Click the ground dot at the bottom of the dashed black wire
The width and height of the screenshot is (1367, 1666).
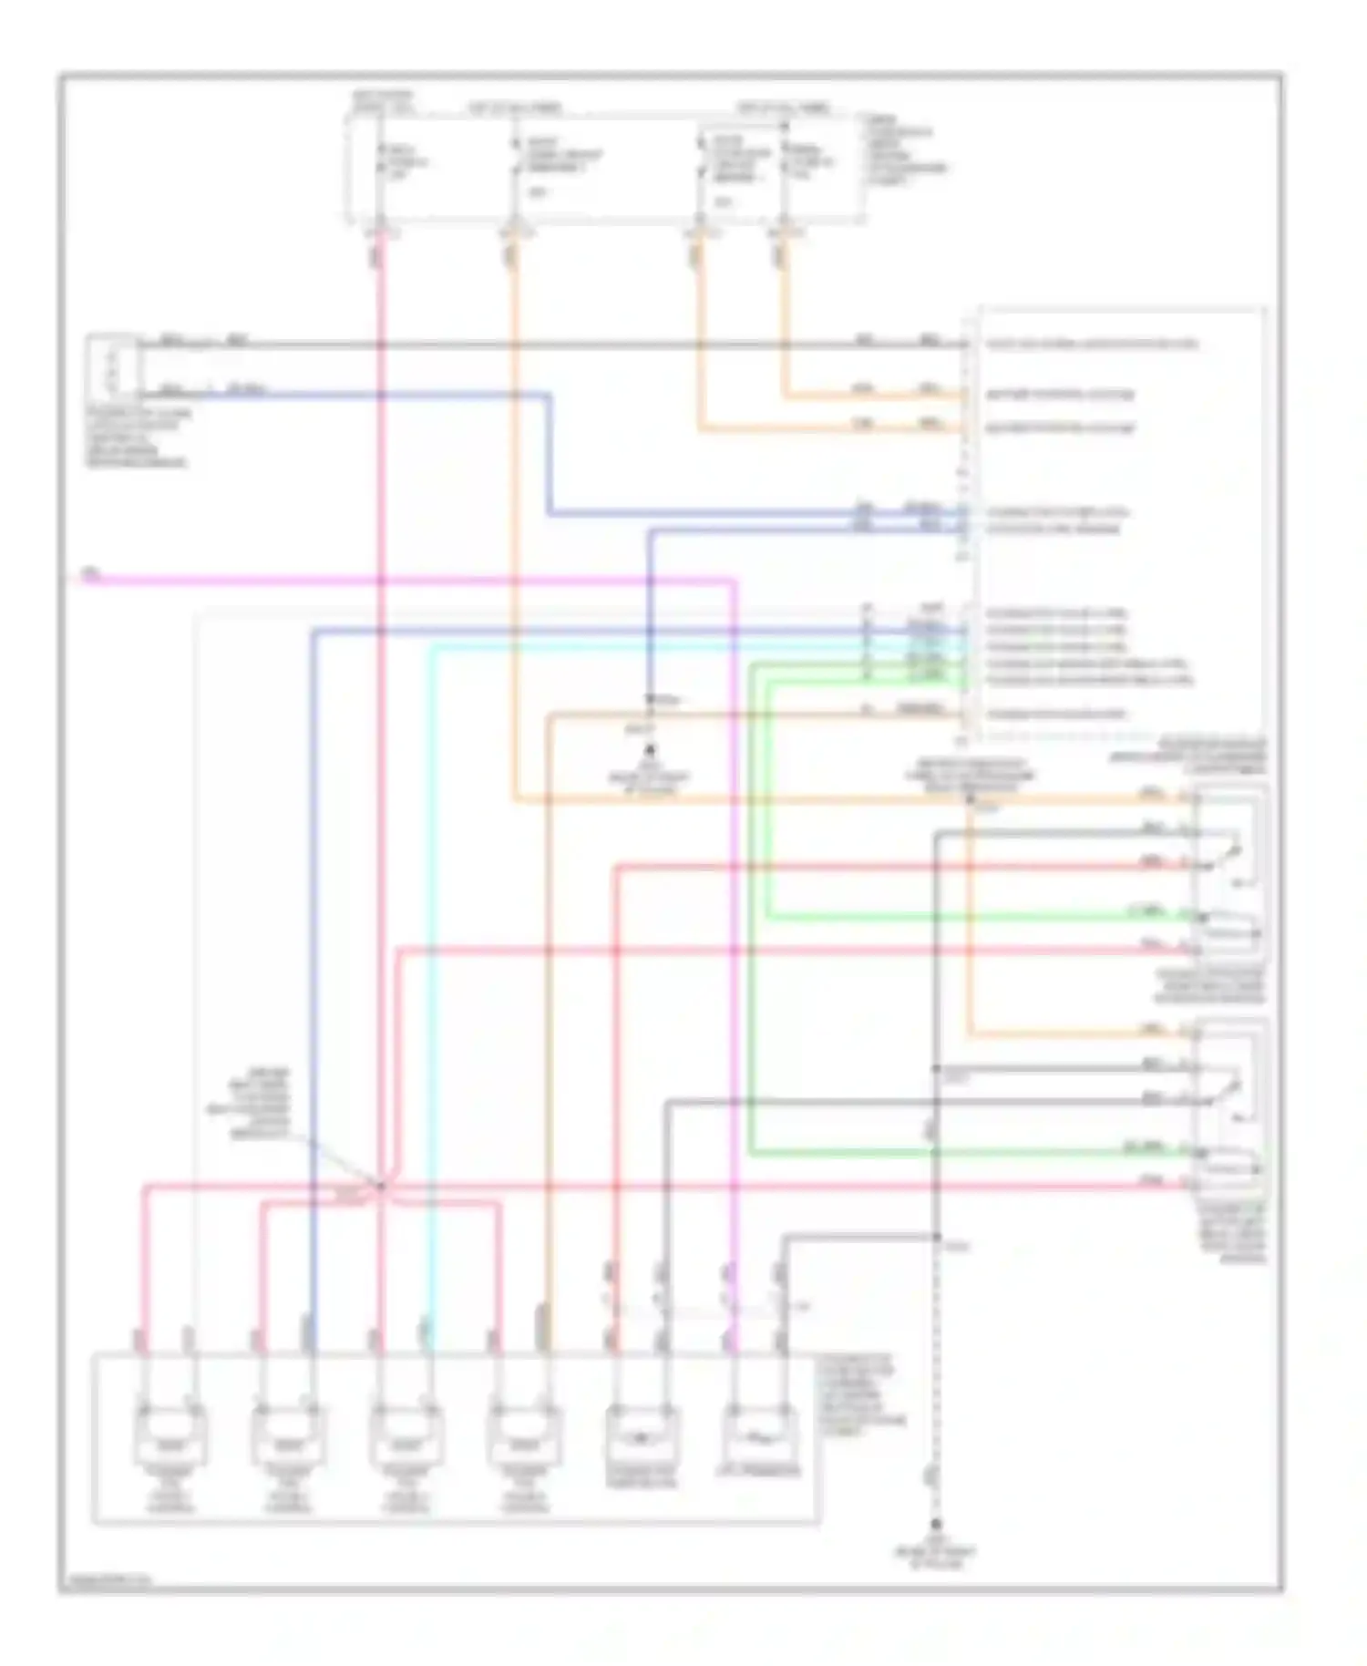pyautogui.click(x=936, y=1525)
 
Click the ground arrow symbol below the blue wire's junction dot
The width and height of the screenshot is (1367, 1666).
pyautogui.click(x=650, y=750)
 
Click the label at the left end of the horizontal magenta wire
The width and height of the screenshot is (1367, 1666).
pyautogui.click(x=89, y=574)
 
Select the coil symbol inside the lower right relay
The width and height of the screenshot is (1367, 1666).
pyautogui.click(x=1230, y=1168)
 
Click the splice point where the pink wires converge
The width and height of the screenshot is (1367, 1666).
pyautogui.click(x=380, y=1185)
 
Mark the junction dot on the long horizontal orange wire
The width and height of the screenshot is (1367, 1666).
pyautogui.click(x=970, y=799)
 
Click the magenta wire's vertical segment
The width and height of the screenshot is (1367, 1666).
pyautogui.click(x=734, y=1003)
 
